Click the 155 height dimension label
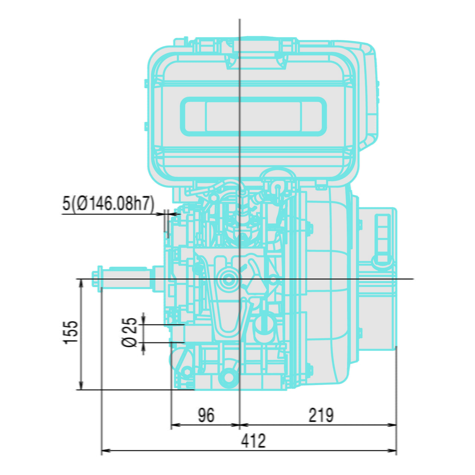(x=71, y=332)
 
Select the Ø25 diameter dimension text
(x=130, y=332)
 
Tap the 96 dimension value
(x=206, y=415)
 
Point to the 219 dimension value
(x=321, y=415)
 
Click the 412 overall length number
(x=253, y=441)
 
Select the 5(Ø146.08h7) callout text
(x=108, y=204)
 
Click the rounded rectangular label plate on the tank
(x=253, y=117)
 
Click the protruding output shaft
(x=126, y=278)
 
